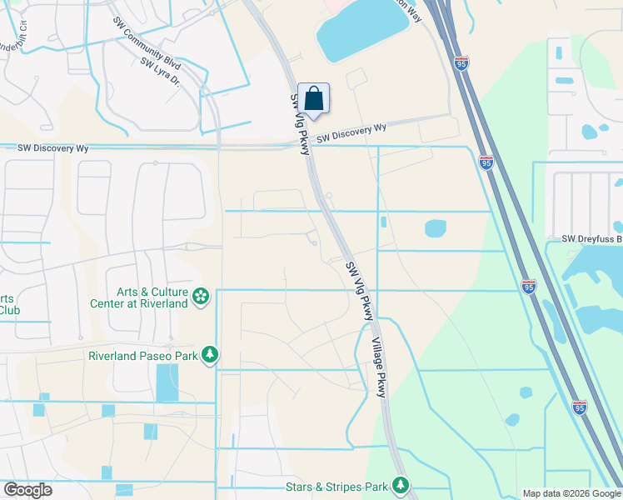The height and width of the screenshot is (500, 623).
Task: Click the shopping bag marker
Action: [x=313, y=99]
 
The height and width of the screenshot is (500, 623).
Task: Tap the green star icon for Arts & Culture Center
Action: [x=200, y=297]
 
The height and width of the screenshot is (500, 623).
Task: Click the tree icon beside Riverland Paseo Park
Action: [x=212, y=356]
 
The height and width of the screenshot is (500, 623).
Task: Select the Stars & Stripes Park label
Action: [x=336, y=484]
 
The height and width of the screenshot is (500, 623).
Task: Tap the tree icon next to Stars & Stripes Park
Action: [x=401, y=484]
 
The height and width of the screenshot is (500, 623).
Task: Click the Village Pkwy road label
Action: [x=380, y=367]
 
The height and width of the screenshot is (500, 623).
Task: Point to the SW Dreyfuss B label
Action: [x=591, y=239]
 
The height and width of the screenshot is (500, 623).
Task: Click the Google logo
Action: [x=27, y=490]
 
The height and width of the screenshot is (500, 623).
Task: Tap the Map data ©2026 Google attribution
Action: [x=571, y=493]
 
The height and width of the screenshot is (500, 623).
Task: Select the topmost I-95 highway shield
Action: [x=462, y=62]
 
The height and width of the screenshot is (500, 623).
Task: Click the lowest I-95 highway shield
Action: [x=580, y=407]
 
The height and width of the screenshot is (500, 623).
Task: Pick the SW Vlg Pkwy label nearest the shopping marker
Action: [x=300, y=123]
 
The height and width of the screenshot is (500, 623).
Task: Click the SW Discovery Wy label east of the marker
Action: [x=351, y=132]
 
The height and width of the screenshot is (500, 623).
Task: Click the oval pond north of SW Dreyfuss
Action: [x=435, y=227]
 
